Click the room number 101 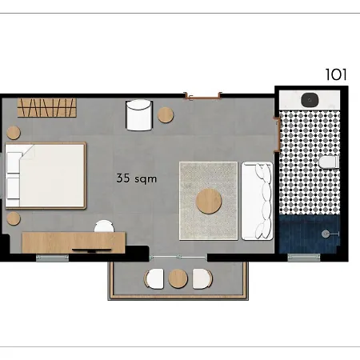tap(337, 75)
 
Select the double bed tap(48, 175)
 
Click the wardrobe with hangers tap(47, 106)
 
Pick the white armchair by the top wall tap(138, 114)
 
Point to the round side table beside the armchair tap(166, 115)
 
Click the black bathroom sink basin tap(310, 99)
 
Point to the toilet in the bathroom tap(328, 163)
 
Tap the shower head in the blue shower tap(326, 233)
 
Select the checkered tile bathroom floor tap(304, 160)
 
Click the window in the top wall tap(202, 95)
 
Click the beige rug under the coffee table tap(192, 224)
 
